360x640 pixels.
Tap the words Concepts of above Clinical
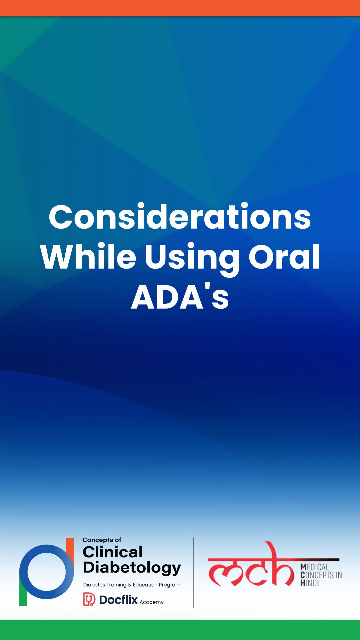(102, 540)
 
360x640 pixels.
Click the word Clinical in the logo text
(113, 552)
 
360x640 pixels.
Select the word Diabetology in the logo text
(132, 568)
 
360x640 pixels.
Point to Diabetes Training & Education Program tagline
(132, 585)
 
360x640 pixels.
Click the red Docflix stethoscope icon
(89, 599)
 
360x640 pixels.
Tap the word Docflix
(118, 600)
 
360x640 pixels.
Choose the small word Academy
(152, 602)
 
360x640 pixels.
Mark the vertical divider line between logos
(194, 572)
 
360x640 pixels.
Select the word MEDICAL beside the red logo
(315, 567)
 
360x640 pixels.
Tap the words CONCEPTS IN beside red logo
(321, 575)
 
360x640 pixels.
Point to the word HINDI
(310, 583)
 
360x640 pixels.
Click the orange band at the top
(180, 8)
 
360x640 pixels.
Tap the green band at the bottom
(180, 630)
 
